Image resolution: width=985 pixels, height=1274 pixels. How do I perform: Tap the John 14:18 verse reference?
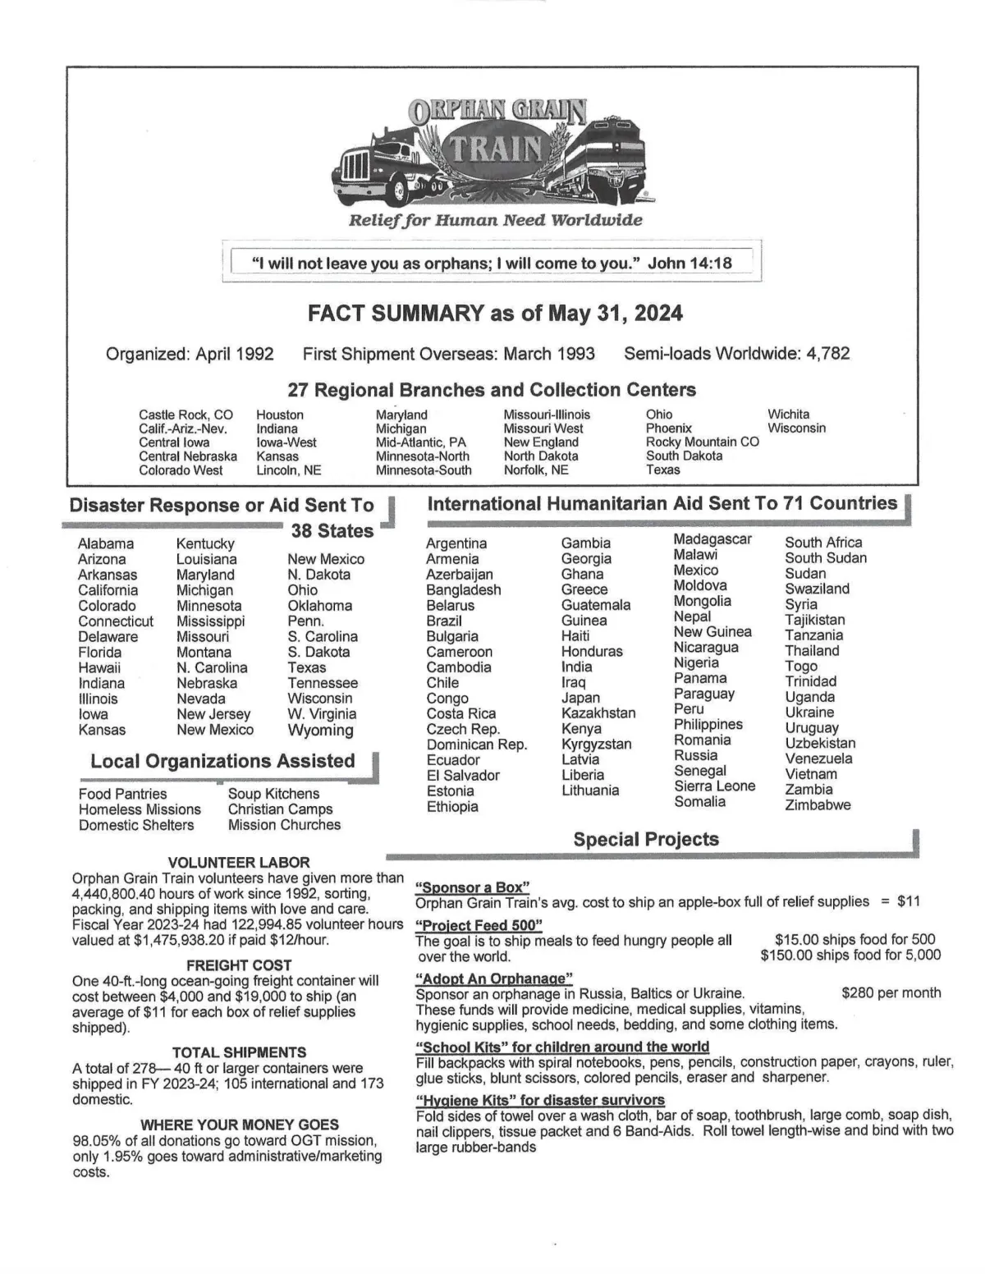click(x=689, y=264)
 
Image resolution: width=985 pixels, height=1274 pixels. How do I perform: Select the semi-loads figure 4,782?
click(x=827, y=354)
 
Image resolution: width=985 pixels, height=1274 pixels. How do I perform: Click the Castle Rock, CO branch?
click(x=186, y=415)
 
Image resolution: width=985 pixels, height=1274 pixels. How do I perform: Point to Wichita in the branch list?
click(x=788, y=415)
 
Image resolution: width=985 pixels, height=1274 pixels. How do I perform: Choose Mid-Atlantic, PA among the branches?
click(x=420, y=442)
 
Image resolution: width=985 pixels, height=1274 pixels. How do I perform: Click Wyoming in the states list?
click(x=321, y=730)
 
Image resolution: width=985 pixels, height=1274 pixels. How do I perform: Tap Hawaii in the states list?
click(x=99, y=667)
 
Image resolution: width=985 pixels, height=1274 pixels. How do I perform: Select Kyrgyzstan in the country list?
click(x=596, y=744)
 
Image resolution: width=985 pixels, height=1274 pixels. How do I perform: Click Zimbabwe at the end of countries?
click(x=818, y=804)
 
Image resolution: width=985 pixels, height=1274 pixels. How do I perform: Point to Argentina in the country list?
click(x=456, y=543)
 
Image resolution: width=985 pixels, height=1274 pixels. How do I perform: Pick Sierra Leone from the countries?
click(x=714, y=786)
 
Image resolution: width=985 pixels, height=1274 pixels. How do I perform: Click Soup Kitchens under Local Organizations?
click(x=273, y=794)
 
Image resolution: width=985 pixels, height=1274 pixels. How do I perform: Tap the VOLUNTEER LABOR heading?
click(x=239, y=862)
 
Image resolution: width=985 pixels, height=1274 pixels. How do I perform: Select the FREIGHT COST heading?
click(x=239, y=965)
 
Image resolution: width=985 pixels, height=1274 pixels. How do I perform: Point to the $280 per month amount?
click(x=891, y=993)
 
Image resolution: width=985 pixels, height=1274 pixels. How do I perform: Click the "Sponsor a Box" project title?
click(x=472, y=887)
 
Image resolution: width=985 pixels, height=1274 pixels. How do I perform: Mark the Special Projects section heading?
click(x=646, y=839)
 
